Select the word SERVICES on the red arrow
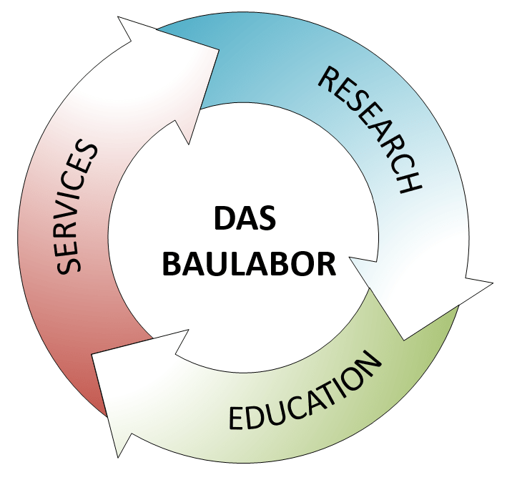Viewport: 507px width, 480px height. pos(77,207)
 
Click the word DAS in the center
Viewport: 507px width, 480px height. pos(245,218)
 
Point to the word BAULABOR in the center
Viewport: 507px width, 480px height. pos(249,264)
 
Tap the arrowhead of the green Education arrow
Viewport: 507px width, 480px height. pos(136,388)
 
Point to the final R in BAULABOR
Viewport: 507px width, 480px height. pos(326,264)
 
